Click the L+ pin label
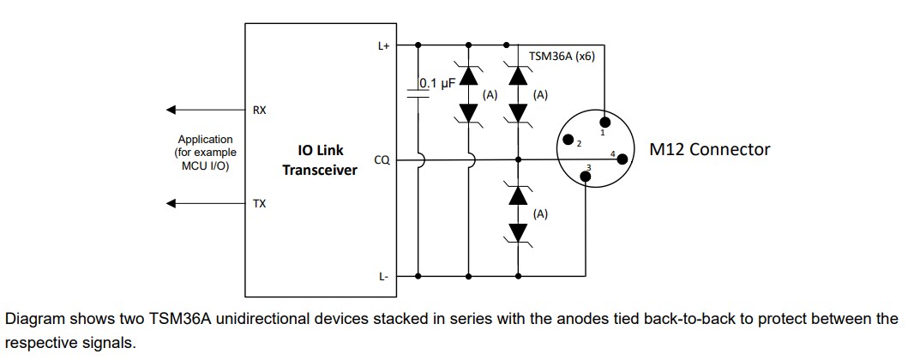tap(383, 46)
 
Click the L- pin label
tap(384, 276)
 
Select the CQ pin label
tap(382, 159)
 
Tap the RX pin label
tap(259, 111)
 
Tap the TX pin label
tap(259, 204)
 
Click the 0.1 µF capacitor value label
tap(436, 83)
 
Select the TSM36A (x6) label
tap(562, 56)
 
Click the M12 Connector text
tap(709, 149)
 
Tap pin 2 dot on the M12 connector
tap(567, 140)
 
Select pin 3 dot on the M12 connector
tap(586, 177)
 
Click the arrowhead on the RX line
tap(171, 110)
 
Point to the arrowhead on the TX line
tap(171, 204)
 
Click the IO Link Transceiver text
tap(320, 159)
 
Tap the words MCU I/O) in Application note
tap(205, 166)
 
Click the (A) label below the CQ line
tap(540, 214)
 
